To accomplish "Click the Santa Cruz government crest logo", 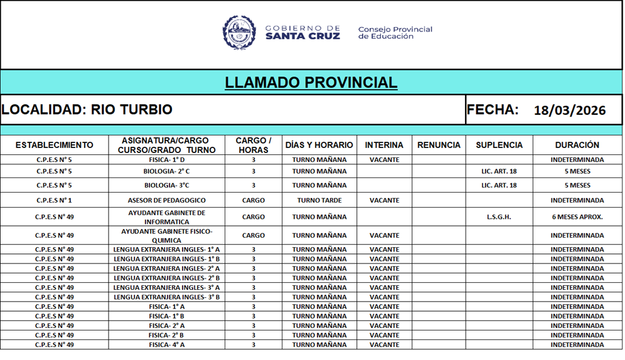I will pyautogui.click(x=239, y=33).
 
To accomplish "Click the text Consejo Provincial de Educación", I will pyautogui.click(x=395, y=33).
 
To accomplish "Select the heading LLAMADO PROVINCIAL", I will pyautogui.click(x=311, y=82).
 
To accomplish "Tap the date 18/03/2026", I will pyautogui.click(x=569, y=111).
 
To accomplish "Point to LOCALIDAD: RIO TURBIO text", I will pyautogui.click(x=87, y=110).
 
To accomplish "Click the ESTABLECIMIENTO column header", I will pyautogui.click(x=54, y=145).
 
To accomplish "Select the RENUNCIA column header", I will pyautogui.click(x=439, y=145).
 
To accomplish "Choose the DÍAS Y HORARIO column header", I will pyautogui.click(x=319, y=145).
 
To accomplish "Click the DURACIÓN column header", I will pyautogui.click(x=577, y=145).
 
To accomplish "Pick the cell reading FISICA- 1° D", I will pyautogui.click(x=166, y=160).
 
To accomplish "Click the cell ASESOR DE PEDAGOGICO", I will pyautogui.click(x=166, y=201).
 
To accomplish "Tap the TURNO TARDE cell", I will pyautogui.click(x=319, y=201).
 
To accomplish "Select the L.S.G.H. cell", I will pyautogui.click(x=499, y=217).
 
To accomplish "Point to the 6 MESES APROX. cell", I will pyautogui.click(x=577, y=217).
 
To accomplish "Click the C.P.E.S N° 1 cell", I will pyautogui.click(x=54, y=201).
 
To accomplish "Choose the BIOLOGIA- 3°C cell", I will pyautogui.click(x=166, y=186).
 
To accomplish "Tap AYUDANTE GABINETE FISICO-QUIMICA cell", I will pyautogui.click(x=166, y=236).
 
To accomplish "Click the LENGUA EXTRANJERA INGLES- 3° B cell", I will pyautogui.click(x=166, y=297).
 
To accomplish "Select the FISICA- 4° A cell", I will pyautogui.click(x=166, y=345).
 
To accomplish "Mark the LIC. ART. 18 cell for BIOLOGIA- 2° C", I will pyautogui.click(x=499, y=171).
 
